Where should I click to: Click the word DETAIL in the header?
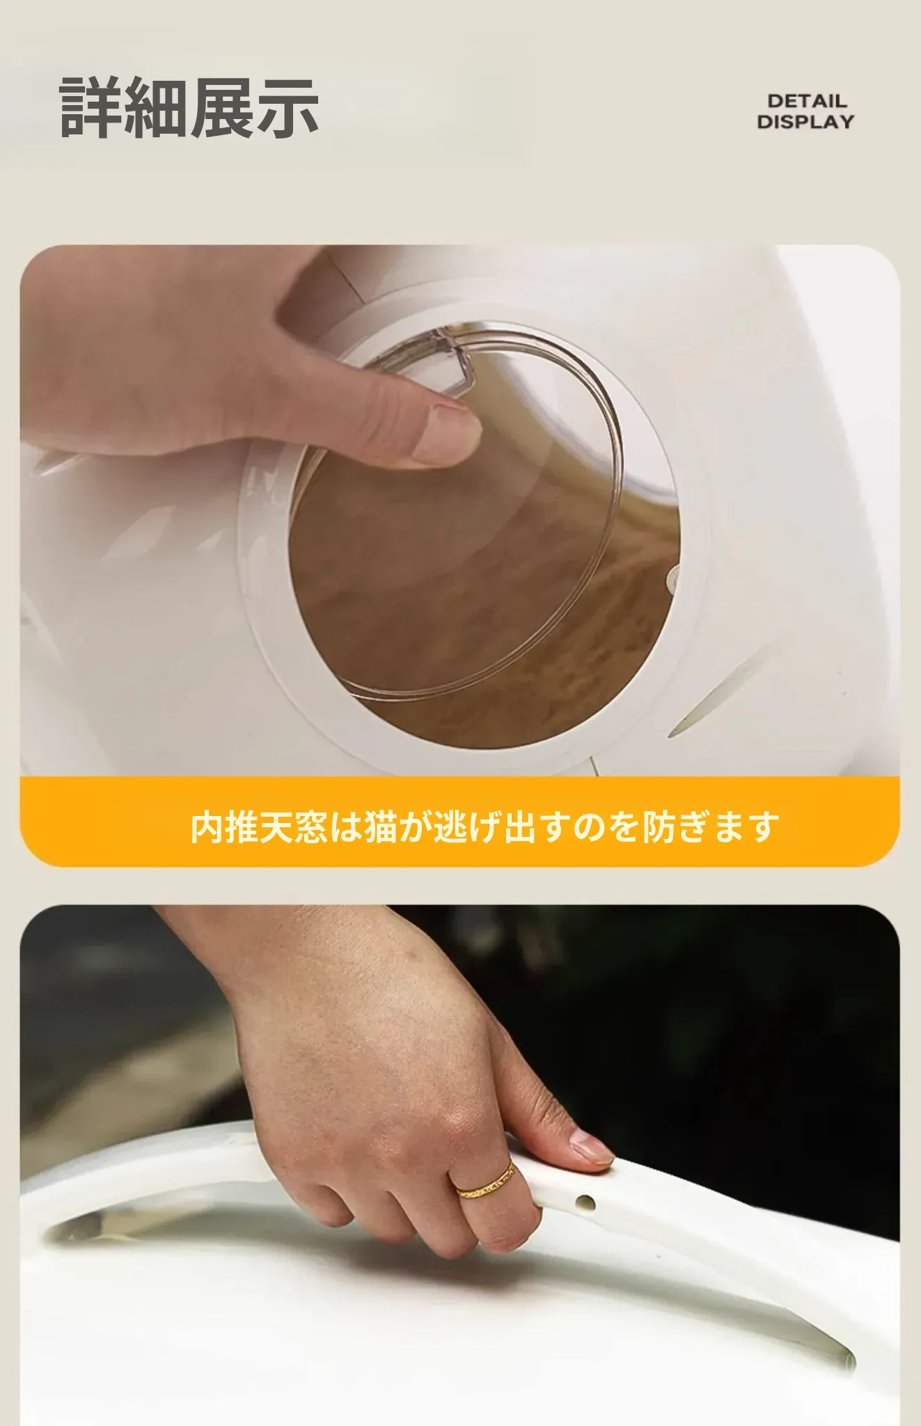click(x=807, y=101)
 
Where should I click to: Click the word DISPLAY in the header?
click(x=805, y=121)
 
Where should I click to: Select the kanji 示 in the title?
click(x=288, y=107)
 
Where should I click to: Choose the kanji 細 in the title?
click(x=157, y=107)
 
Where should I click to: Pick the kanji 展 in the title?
click(x=222, y=107)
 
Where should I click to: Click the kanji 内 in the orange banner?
click(x=207, y=826)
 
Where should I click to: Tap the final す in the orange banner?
click(x=763, y=826)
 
